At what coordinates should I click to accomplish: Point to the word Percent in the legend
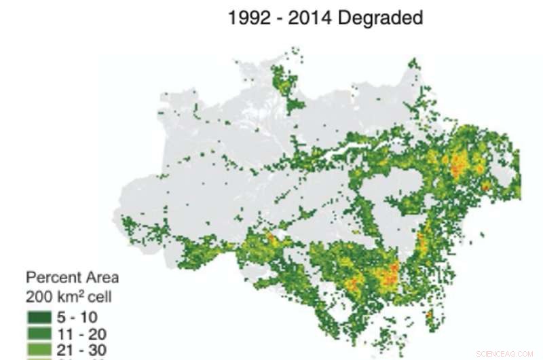pyautogui.click(x=52, y=278)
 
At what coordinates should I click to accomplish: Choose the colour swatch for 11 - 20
pyautogui.click(x=39, y=333)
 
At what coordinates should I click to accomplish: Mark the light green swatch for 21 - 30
pyautogui.click(x=39, y=349)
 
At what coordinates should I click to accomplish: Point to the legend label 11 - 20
pyautogui.click(x=82, y=333)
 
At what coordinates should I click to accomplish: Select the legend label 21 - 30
pyautogui.click(x=82, y=349)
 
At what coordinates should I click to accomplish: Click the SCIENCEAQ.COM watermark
pyautogui.click(x=505, y=354)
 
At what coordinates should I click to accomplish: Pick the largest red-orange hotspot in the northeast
pyautogui.click(x=460, y=163)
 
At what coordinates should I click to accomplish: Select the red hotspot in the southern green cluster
pyautogui.click(x=389, y=275)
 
